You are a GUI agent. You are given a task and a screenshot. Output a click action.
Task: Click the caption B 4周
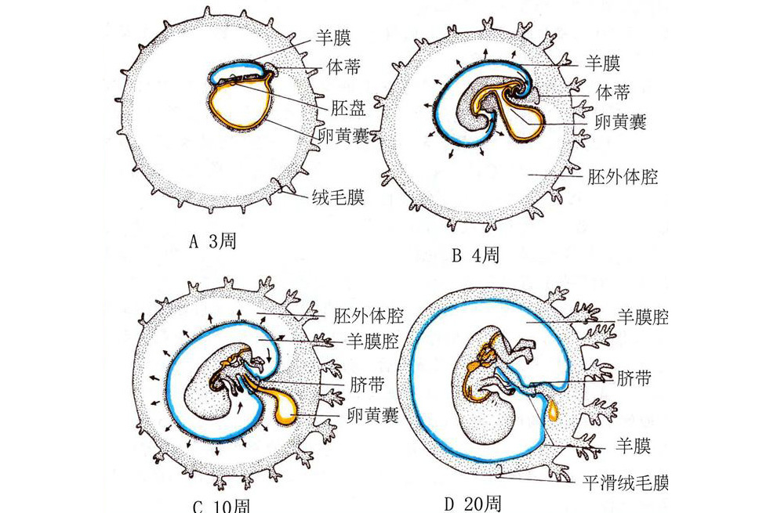tap(476, 255)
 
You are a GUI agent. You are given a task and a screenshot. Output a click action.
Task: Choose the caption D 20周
tap(473, 502)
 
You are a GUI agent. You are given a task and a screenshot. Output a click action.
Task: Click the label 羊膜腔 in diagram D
tap(642, 316)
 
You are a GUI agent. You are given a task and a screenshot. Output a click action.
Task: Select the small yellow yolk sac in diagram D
tap(554, 410)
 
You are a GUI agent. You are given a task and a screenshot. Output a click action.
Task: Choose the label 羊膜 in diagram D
tap(632, 447)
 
